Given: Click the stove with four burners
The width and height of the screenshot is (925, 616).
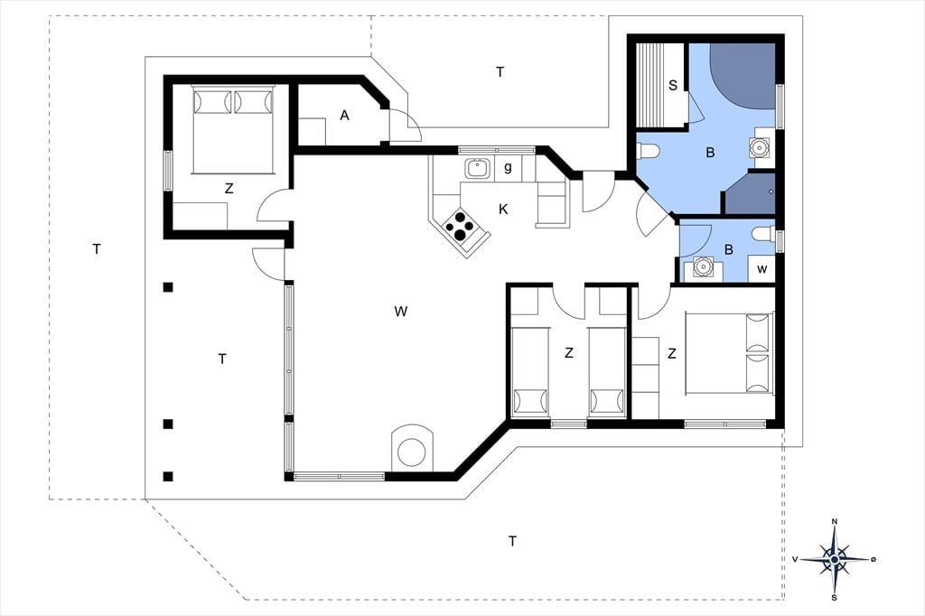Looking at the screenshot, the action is [x=460, y=225].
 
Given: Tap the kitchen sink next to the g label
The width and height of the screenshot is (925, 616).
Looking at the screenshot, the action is [x=476, y=169].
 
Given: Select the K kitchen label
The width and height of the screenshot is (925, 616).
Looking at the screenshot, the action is [x=503, y=210].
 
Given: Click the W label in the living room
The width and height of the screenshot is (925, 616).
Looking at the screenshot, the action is [x=400, y=311].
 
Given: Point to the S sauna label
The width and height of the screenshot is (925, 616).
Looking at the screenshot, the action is [x=672, y=86].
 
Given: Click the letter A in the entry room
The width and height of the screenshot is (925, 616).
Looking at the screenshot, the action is [x=344, y=116].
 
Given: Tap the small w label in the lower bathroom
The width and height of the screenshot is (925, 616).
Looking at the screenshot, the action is [x=762, y=269].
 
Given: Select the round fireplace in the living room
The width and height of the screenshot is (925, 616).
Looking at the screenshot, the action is [x=412, y=450].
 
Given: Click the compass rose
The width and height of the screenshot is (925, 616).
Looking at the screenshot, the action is [x=834, y=559].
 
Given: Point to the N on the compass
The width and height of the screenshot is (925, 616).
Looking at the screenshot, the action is [x=834, y=521].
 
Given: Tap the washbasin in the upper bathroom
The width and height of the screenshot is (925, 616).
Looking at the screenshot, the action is [x=759, y=146].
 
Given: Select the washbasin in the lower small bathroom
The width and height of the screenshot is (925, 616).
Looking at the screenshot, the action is [x=702, y=268].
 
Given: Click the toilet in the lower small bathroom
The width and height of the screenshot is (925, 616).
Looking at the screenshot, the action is [x=763, y=234].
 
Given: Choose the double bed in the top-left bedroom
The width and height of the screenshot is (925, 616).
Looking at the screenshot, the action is [x=233, y=130].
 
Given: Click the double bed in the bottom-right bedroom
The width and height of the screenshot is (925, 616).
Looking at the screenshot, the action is [x=729, y=353].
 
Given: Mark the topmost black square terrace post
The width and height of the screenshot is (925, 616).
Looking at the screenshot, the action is [x=168, y=287].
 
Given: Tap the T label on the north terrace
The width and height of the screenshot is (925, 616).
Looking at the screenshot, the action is [x=500, y=72].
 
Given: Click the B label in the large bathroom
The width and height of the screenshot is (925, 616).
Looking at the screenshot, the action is [x=710, y=153].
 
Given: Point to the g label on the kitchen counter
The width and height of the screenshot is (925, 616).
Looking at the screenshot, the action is [x=508, y=168].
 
